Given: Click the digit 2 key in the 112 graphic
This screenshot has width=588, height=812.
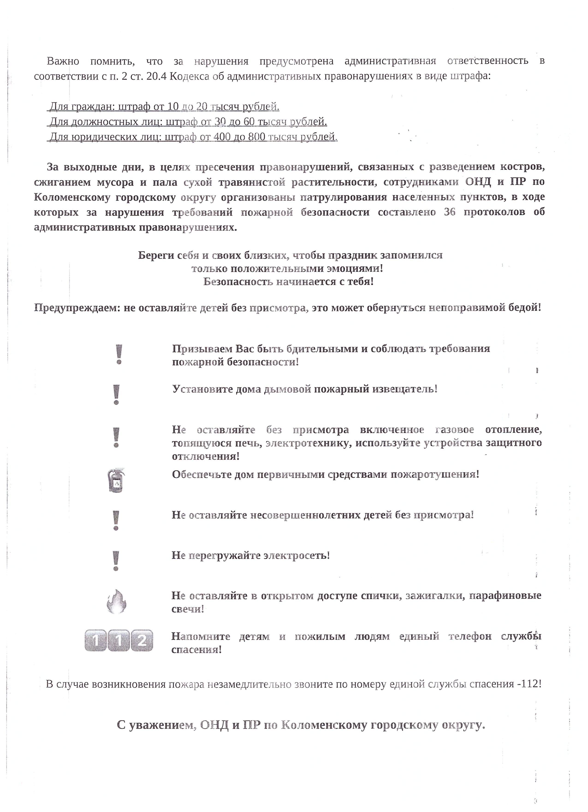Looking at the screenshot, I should point(142,641).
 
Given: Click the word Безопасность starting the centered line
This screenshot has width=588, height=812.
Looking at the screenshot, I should point(239,282).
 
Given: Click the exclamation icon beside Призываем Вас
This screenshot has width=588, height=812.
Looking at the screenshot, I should point(119,355).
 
